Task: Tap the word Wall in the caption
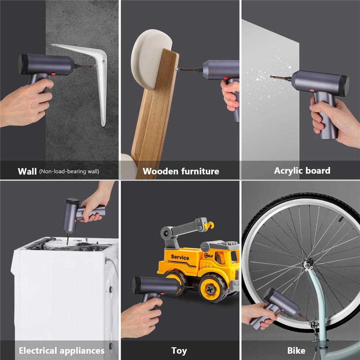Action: tap(27, 171)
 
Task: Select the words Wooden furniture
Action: tap(181, 171)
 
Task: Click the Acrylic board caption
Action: tap(302, 171)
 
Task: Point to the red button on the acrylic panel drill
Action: tap(312, 90)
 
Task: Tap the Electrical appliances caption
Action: tap(62, 351)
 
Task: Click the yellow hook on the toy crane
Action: tap(209, 225)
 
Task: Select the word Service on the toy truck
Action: tap(180, 257)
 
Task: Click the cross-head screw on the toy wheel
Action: tap(210, 289)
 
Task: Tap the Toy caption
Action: tap(179, 351)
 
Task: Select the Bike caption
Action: tap(296, 351)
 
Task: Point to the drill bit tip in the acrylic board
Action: tap(271, 77)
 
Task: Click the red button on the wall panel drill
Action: tap(53, 74)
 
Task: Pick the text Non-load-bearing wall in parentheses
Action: tap(69, 171)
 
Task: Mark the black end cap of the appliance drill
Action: tap(73, 201)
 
